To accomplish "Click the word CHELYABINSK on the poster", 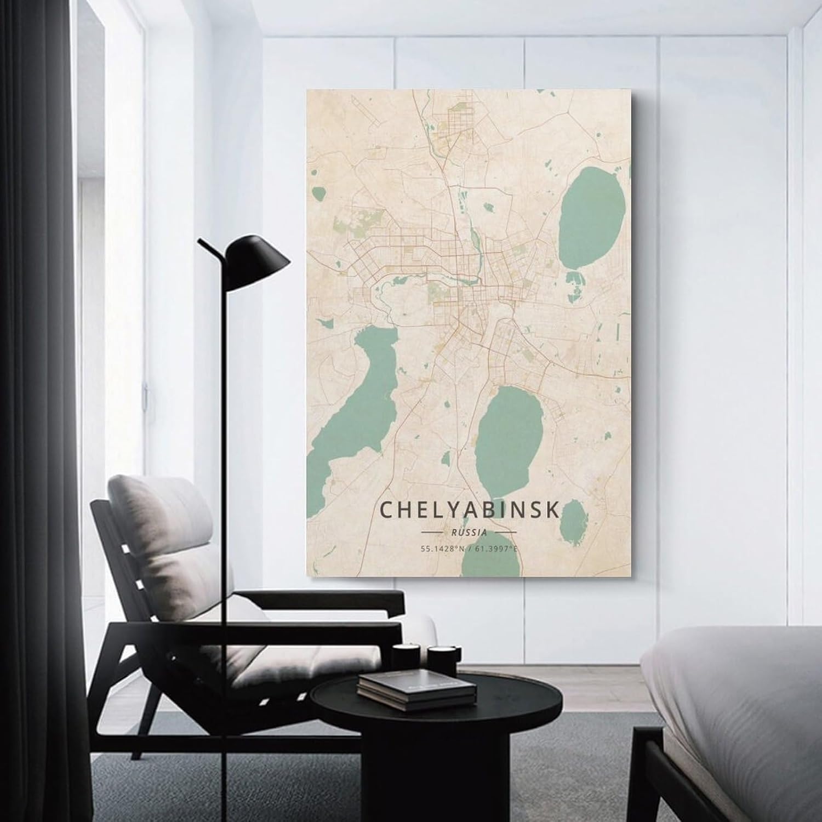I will [470, 510].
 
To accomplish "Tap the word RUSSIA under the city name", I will [470, 532].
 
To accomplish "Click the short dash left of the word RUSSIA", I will [432, 532].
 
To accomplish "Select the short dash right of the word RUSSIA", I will [505, 532].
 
